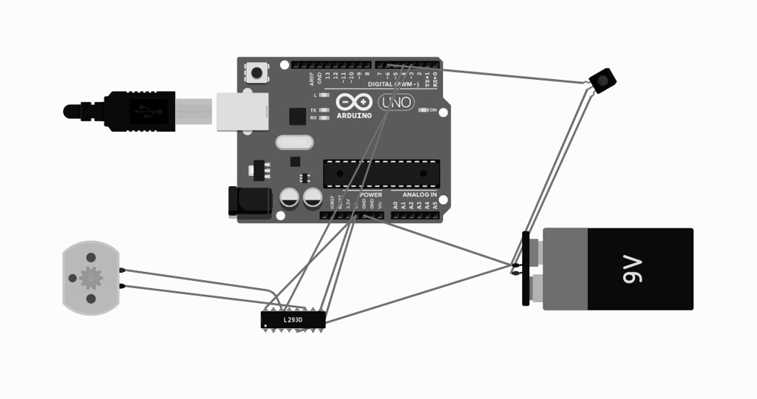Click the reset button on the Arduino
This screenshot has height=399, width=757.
point(257,73)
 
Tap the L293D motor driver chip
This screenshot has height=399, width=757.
point(293,319)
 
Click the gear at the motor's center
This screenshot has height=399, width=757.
point(91,278)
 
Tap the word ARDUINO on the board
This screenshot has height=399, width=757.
point(354,116)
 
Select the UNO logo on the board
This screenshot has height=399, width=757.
point(396,102)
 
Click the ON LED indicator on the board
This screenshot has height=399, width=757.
point(424,110)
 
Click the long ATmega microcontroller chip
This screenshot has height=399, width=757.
point(381,173)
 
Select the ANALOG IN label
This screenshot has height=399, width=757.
point(419,194)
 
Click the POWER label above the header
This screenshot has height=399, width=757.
point(371,194)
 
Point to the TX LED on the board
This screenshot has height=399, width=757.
point(323,110)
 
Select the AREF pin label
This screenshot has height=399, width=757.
point(312,78)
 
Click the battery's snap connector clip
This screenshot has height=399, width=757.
point(526,267)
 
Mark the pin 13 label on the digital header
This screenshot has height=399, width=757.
point(327,76)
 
